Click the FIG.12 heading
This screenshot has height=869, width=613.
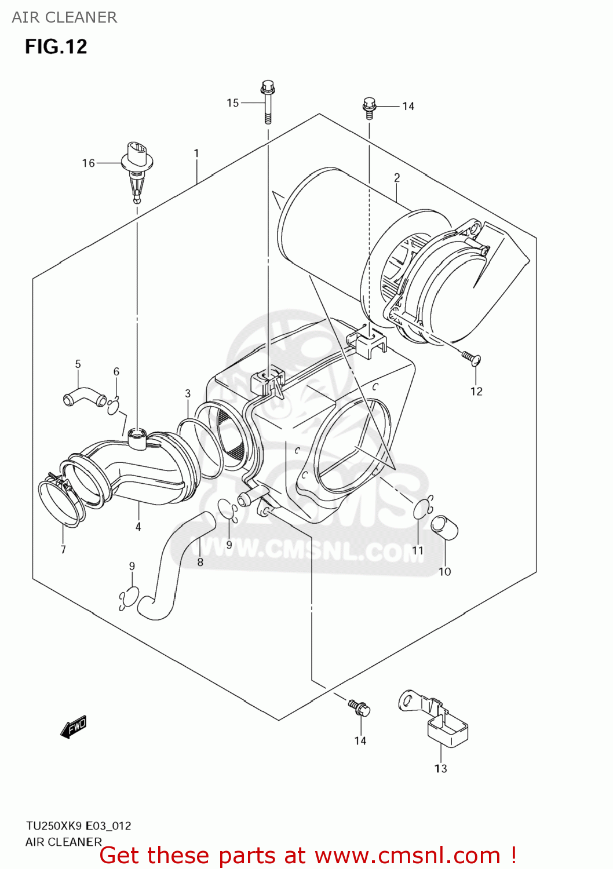click(56, 46)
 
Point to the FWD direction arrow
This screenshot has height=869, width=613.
click(74, 726)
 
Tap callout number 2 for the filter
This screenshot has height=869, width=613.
click(397, 178)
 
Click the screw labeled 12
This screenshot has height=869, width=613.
click(470, 359)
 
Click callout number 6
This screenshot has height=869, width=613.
click(116, 372)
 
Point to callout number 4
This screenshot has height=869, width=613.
click(138, 527)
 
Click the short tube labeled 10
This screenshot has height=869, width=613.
click(445, 528)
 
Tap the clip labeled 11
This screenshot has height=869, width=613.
click(422, 507)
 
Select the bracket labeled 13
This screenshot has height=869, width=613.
click(435, 717)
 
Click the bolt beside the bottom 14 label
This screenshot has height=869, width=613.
click(359, 707)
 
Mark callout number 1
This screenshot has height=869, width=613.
click(196, 154)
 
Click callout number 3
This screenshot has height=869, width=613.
click(188, 393)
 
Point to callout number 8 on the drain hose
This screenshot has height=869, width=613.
click(200, 562)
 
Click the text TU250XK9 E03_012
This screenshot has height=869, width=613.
click(78, 826)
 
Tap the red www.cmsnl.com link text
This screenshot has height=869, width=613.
click(408, 856)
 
